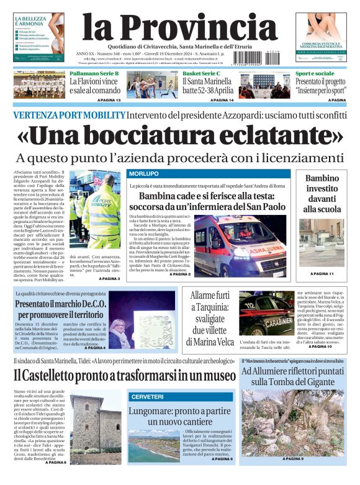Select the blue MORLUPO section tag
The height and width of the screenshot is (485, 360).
tap(143, 173)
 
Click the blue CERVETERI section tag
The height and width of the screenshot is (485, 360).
tap(147, 396)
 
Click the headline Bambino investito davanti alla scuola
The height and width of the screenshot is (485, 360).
tap(322, 194)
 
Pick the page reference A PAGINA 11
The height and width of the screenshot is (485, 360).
tap(322, 274)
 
